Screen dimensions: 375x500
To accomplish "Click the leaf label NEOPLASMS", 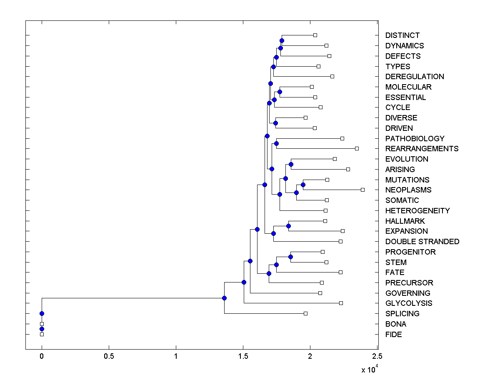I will [408, 190].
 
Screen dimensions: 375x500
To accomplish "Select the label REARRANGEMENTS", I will [422, 149].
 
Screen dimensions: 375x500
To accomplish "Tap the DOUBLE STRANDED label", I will [422, 242].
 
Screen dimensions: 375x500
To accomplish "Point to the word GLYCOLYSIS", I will [409, 303].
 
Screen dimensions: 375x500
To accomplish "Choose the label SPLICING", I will [402, 314].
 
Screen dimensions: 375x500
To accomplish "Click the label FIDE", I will [393, 335].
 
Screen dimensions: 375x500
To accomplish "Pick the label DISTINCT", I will [402, 35].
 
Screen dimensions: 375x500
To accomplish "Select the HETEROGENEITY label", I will [417, 211].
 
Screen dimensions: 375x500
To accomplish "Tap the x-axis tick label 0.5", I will [109, 357].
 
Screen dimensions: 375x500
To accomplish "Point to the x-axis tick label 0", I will [42, 357].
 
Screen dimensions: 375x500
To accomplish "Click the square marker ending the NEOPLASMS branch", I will [362, 190].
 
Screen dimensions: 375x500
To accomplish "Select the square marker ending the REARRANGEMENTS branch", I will [357, 148].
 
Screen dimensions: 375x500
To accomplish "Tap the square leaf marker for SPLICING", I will [305, 313].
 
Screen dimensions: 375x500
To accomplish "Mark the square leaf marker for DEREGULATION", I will [332, 76].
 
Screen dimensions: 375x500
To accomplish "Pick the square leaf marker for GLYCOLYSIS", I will [341, 303].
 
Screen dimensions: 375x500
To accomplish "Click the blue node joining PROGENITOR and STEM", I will [290, 257].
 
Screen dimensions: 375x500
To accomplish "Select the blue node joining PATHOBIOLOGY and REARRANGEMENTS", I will [276, 143].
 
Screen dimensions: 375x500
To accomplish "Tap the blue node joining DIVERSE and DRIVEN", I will [275, 123].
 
